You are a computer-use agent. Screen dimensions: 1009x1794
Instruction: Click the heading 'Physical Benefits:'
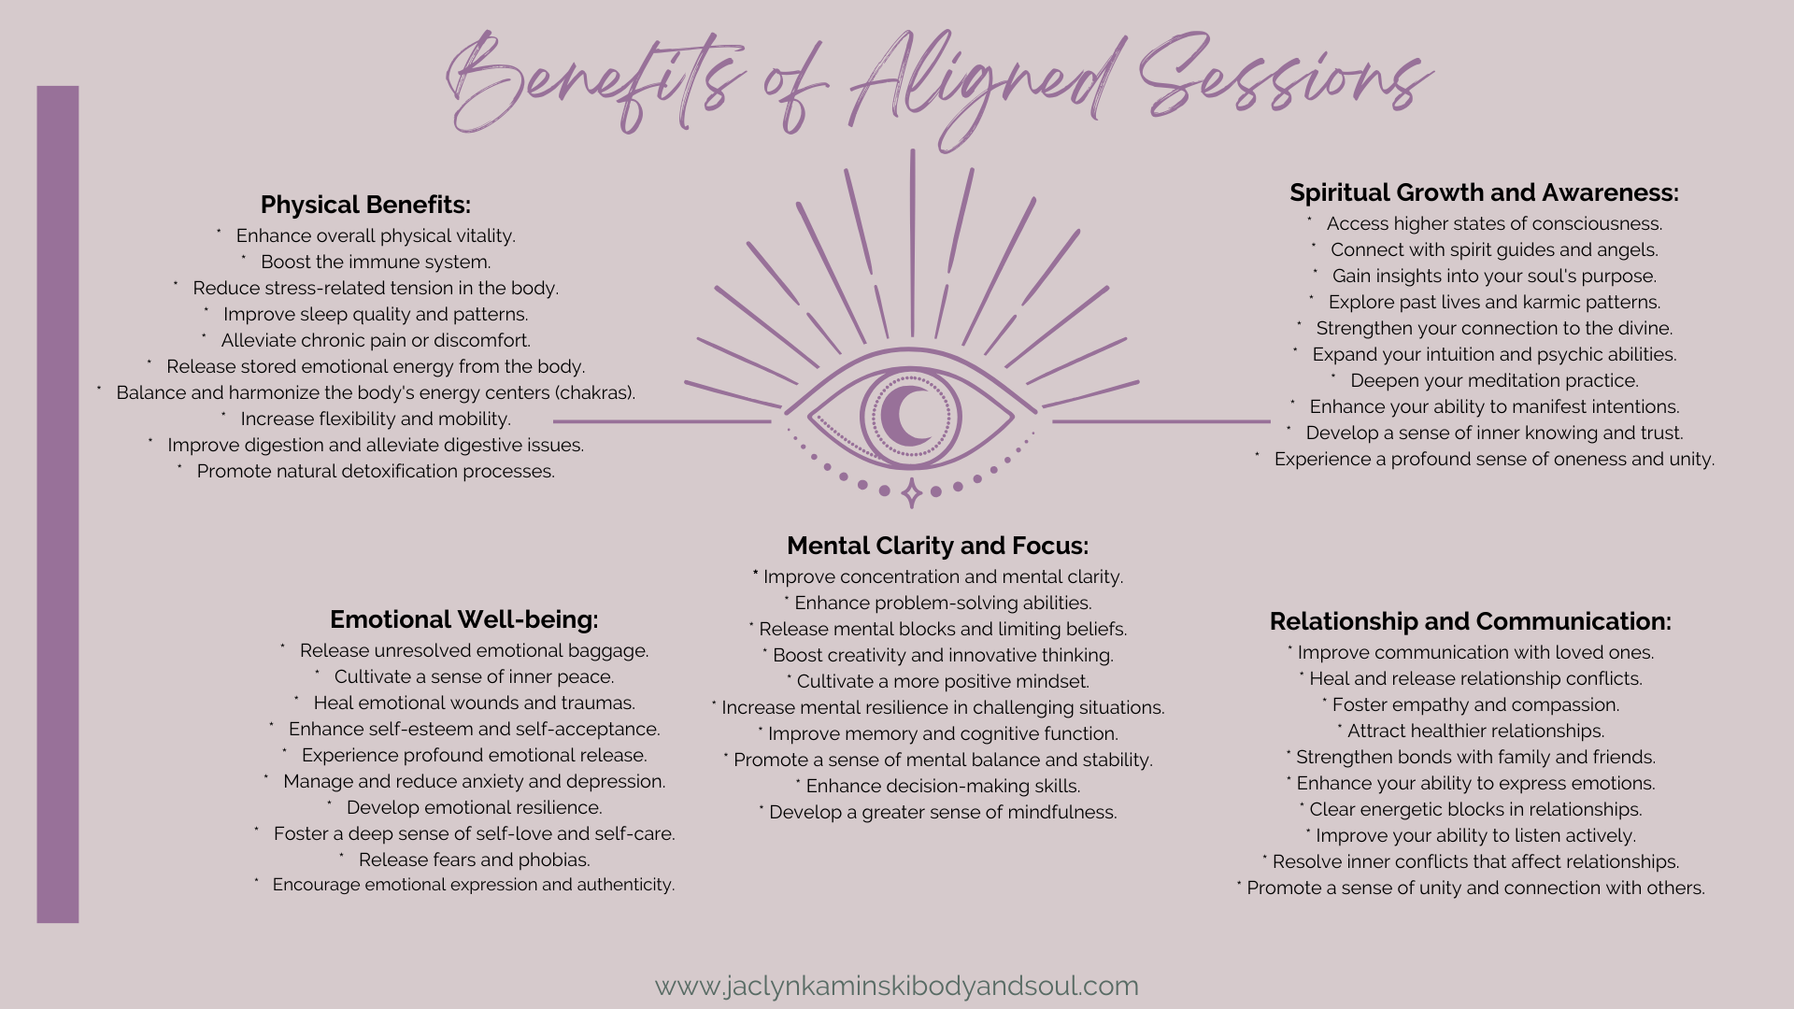(x=365, y=205)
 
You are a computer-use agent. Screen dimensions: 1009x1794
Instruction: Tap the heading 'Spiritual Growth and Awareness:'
(x=1484, y=192)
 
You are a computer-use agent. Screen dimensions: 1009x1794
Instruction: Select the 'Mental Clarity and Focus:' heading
(x=937, y=546)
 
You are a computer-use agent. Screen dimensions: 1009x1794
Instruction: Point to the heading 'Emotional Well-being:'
(x=463, y=619)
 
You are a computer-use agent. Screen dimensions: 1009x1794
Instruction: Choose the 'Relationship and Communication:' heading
(x=1470, y=621)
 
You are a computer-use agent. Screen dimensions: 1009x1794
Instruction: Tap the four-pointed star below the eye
(x=911, y=492)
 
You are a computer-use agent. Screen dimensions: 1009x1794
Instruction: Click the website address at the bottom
(x=896, y=986)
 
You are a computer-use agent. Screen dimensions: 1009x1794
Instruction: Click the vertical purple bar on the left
(x=58, y=504)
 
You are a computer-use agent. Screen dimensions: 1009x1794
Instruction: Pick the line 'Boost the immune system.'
(x=375, y=263)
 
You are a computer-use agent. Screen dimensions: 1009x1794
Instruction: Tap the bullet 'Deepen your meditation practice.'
(x=1493, y=381)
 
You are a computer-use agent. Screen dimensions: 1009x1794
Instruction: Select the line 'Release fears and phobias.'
(x=474, y=860)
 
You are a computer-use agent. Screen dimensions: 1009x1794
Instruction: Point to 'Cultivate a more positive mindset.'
(x=942, y=682)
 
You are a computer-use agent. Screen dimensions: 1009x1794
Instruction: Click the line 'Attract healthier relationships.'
(x=1474, y=732)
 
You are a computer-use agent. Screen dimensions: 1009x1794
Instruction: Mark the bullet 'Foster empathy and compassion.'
(x=1474, y=705)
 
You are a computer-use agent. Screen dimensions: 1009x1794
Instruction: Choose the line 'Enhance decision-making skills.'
(x=942, y=787)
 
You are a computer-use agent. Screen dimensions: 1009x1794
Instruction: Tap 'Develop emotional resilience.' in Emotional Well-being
(x=474, y=808)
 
